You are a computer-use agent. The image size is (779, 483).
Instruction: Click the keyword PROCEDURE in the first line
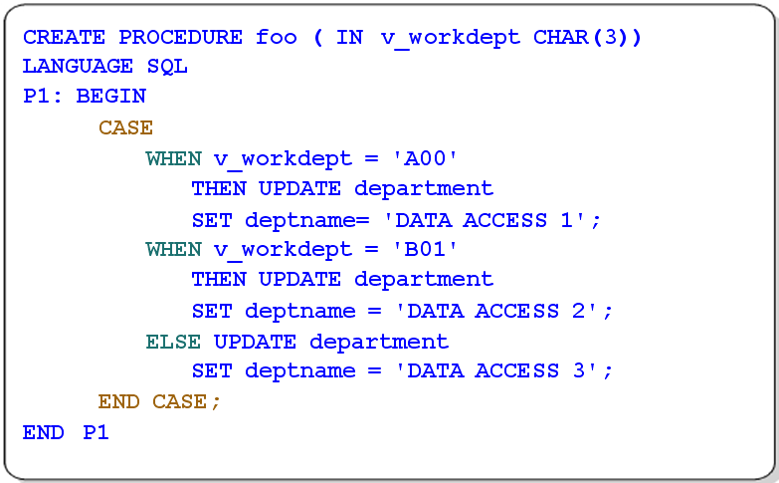tap(180, 37)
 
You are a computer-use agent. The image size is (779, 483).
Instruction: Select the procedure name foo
tap(277, 37)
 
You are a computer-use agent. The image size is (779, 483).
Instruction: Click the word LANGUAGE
tap(78, 66)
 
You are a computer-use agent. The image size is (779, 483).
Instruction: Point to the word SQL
tap(167, 66)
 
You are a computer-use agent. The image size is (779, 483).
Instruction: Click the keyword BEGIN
tap(110, 96)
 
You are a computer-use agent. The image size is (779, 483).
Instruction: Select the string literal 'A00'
tap(424, 158)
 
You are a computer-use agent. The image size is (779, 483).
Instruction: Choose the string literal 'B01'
tap(424, 249)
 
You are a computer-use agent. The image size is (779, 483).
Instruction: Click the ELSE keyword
tap(173, 342)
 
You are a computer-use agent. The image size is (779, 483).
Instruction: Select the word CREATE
tap(64, 37)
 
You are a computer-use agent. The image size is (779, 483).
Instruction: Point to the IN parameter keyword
tap(349, 37)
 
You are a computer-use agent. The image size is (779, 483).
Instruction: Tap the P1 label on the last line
tap(96, 432)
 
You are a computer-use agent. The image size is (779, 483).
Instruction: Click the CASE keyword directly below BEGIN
tap(125, 127)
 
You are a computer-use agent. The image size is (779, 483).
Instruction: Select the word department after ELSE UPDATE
tap(379, 342)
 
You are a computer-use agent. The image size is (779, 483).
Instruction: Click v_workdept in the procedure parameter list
tap(451, 38)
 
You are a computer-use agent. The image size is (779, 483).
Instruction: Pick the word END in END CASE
tap(118, 401)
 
